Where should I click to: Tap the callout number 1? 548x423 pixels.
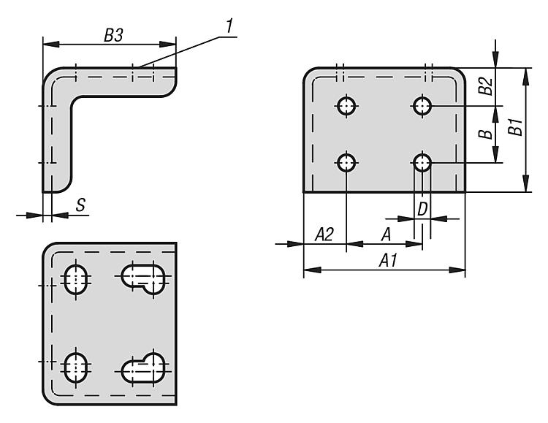pos(229,26)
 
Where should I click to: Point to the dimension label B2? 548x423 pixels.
pos(484,86)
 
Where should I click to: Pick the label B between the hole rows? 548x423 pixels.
pos(483,134)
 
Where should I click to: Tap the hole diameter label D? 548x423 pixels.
pos(422,209)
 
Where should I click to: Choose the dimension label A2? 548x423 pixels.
pos(324,235)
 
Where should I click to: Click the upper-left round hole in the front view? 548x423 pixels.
pos(347,106)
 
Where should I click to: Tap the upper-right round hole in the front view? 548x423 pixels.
pos(422,106)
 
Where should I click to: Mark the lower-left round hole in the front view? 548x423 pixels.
pos(347,161)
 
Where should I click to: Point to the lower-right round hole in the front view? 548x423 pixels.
pos(422,161)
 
